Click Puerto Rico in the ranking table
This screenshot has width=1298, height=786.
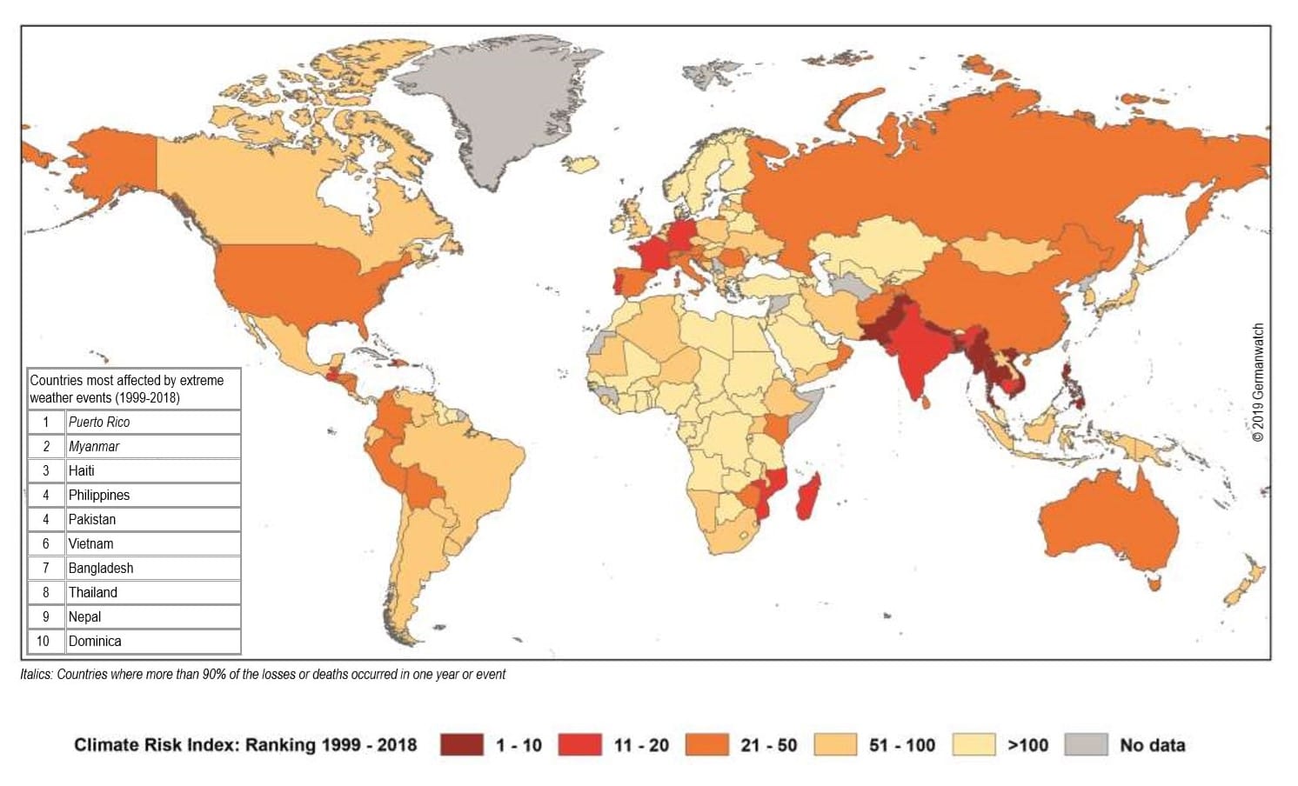[x=99, y=422]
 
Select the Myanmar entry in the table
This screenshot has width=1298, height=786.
[x=94, y=446]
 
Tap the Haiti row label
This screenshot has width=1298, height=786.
[x=82, y=470]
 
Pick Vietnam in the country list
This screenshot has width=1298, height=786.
[x=90, y=543]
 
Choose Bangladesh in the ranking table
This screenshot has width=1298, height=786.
[x=101, y=568]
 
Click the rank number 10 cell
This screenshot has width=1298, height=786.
[x=43, y=641]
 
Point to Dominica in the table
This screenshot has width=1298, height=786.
[x=95, y=641]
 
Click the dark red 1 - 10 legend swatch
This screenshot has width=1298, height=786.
[x=461, y=745]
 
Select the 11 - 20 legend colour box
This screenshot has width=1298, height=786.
[x=579, y=745]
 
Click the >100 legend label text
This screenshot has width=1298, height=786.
[x=1027, y=745]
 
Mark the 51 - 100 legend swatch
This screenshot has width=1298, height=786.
[x=835, y=745]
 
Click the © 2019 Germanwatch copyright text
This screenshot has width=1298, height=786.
[x=1258, y=383]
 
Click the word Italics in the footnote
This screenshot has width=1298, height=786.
[x=36, y=674]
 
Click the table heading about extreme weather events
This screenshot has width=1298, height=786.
[x=127, y=389]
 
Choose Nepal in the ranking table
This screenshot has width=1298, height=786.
[x=84, y=616]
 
